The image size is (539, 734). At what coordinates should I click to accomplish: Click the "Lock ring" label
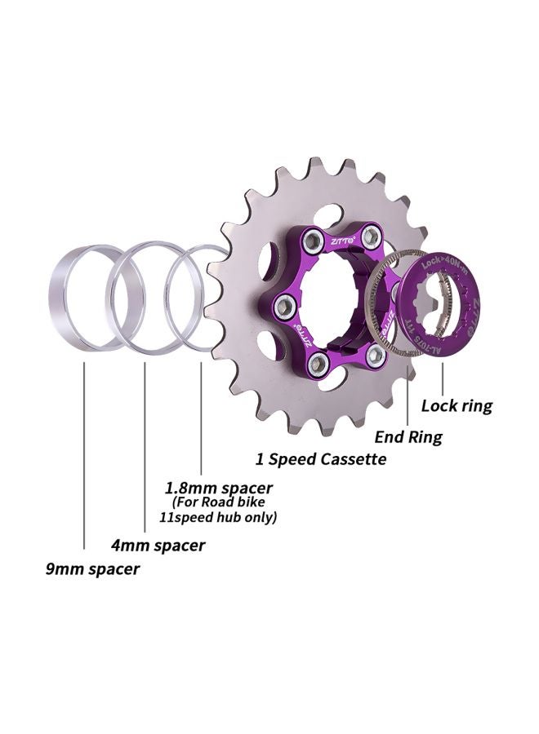tap(457, 405)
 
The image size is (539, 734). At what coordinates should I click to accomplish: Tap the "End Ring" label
tap(408, 437)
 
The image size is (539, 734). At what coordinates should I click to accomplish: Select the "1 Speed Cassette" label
tap(321, 459)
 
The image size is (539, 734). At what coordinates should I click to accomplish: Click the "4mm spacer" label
tap(158, 545)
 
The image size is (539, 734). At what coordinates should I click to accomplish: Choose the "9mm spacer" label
tap(92, 569)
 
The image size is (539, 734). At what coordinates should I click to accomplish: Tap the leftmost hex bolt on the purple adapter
tap(286, 305)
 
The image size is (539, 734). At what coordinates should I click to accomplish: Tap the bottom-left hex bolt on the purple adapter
tap(319, 362)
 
